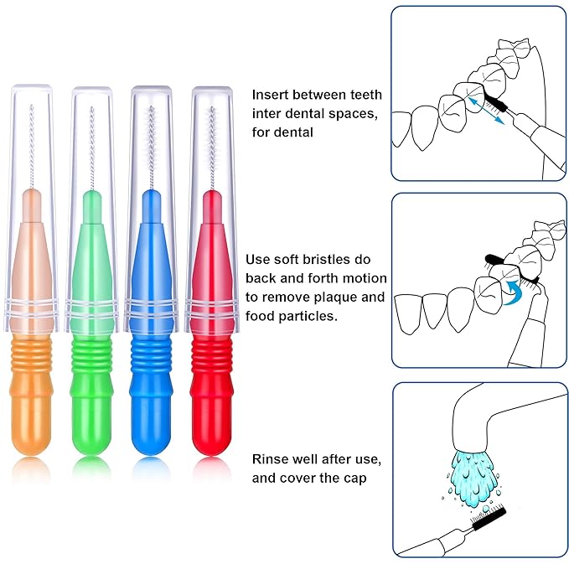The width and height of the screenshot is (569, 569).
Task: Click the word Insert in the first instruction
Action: coord(271,96)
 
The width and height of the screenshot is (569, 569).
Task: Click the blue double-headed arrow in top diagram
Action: coord(487,111)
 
